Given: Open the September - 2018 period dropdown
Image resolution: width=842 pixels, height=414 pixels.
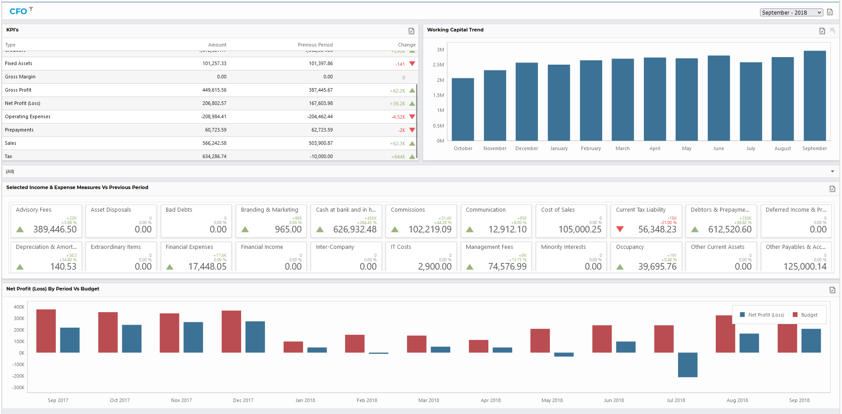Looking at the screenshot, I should click(x=791, y=12).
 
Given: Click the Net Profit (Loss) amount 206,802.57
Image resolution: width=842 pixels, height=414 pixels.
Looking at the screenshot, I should click(x=214, y=103).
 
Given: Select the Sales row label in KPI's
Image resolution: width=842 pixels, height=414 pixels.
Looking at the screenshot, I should click(x=11, y=143).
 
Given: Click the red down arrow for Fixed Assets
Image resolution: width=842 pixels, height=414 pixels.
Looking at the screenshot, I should click(x=412, y=64).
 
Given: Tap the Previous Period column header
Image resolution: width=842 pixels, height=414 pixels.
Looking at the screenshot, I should click(x=315, y=45).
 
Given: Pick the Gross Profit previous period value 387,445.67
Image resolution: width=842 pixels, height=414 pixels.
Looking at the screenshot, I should click(x=321, y=90).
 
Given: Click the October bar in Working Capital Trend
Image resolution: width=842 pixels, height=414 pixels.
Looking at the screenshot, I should click(x=463, y=109).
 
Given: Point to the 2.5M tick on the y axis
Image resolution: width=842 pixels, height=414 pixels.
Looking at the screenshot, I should click(x=438, y=65).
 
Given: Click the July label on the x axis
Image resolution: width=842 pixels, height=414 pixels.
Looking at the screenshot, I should click(x=751, y=148).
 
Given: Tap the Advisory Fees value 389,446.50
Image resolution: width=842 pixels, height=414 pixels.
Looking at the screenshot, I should click(x=55, y=229).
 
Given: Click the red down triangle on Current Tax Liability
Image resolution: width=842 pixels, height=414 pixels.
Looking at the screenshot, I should click(x=620, y=229).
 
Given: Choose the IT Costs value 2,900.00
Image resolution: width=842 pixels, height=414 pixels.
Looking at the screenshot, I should click(x=435, y=267).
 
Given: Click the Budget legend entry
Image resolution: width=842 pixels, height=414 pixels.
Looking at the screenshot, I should click(x=805, y=315).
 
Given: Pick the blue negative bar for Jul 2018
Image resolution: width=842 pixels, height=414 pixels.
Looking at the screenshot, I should click(x=687, y=365).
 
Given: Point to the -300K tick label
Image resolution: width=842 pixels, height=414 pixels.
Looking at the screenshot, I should click(x=19, y=387).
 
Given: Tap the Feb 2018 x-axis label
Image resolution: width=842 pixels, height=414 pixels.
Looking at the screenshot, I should click(x=367, y=400).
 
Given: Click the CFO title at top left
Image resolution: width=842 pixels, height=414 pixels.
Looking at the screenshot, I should click(x=18, y=12).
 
